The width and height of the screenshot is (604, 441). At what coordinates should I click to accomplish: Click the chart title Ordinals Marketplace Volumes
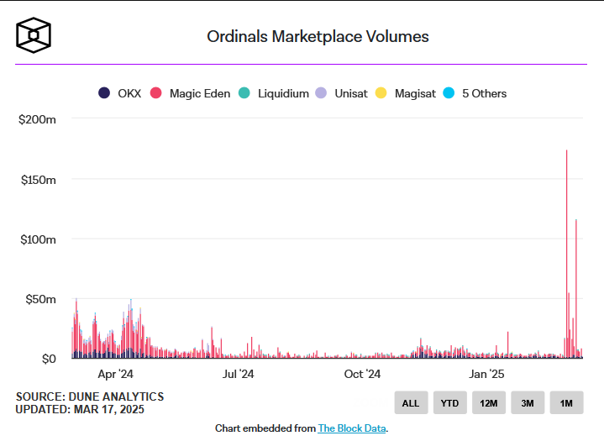318,37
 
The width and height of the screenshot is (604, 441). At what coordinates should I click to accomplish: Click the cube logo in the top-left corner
34,34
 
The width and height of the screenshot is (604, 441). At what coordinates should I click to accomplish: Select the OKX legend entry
121,93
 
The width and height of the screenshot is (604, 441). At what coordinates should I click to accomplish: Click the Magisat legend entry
406,93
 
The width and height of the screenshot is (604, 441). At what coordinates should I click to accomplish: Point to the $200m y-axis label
37,120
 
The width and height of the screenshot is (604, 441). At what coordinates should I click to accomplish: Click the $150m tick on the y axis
37,180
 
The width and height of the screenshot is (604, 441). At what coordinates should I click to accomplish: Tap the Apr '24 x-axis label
115,375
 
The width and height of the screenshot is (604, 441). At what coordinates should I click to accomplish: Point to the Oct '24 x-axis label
362,375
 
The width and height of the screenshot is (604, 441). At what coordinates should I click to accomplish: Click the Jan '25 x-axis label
486,375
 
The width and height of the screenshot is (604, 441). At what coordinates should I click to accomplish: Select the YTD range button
449,403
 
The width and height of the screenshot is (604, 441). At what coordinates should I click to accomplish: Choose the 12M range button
488,403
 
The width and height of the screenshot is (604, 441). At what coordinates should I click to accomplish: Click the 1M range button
566,403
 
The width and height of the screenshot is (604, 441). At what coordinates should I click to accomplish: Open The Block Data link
351,428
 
